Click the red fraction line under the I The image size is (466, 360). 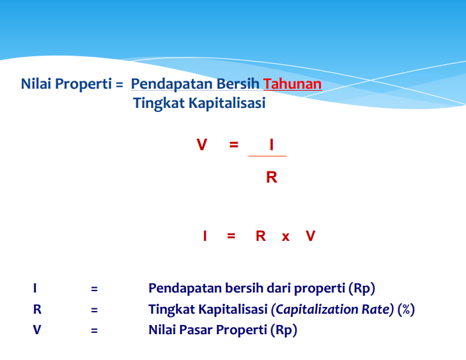267,156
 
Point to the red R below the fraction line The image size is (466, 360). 271,177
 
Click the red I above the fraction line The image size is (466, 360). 271,144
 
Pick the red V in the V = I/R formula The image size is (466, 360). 202,144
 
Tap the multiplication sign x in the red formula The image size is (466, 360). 285,236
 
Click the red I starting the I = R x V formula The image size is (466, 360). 205,236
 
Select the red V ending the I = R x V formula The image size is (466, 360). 310,236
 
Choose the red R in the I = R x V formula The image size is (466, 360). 261,236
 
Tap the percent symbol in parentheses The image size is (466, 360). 405,309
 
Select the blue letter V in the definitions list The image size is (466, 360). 36,330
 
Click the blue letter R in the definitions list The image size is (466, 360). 36,309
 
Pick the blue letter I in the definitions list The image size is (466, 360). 34,289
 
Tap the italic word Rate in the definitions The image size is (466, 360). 378,309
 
